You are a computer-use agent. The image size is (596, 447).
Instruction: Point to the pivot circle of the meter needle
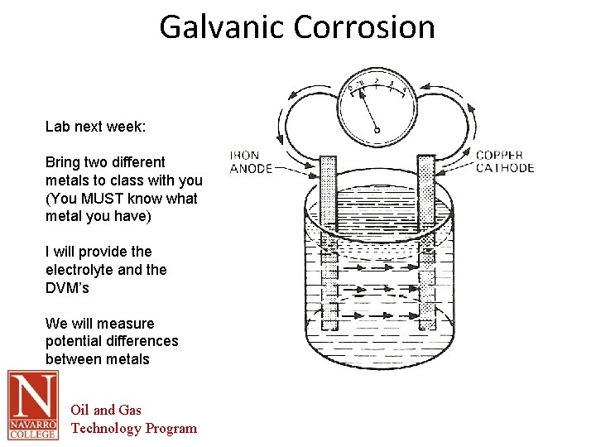(x=377, y=129)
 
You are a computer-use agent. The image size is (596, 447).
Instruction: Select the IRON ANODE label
(x=251, y=162)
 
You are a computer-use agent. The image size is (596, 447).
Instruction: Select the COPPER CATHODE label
(x=505, y=161)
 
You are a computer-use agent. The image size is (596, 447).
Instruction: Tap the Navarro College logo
(x=33, y=405)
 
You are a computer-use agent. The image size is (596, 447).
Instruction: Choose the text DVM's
(x=67, y=288)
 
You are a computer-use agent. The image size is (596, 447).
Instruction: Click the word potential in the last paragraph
(x=75, y=341)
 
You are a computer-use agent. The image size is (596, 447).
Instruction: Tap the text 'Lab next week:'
(x=95, y=127)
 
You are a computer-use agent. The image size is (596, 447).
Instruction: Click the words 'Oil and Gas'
(x=106, y=410)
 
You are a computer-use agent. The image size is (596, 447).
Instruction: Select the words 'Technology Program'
(x=134, y=428)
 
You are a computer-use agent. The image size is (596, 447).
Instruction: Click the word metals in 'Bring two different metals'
(x=69, y=180)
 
